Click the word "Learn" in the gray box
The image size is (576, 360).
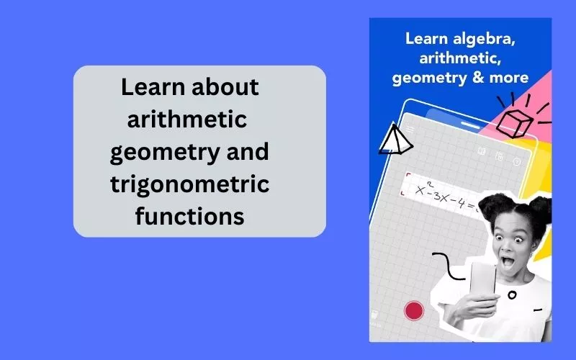point(153,86)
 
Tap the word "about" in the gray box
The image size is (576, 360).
point(225,86)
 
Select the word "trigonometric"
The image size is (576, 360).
point(190,185)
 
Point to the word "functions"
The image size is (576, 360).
point(190,216)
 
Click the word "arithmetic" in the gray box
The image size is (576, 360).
point(187,119)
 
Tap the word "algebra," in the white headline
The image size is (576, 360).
point(484,39)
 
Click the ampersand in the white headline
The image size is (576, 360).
point(478,78)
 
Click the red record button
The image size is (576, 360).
point(414,310)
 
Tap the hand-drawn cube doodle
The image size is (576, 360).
point(514,123)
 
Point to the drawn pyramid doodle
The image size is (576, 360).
point(395,140)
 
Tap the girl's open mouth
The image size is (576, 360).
point(508,261)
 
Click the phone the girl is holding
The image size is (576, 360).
point(482,280)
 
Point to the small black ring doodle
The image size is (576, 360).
point(512,294)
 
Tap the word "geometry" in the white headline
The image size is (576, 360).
point(429,78)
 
